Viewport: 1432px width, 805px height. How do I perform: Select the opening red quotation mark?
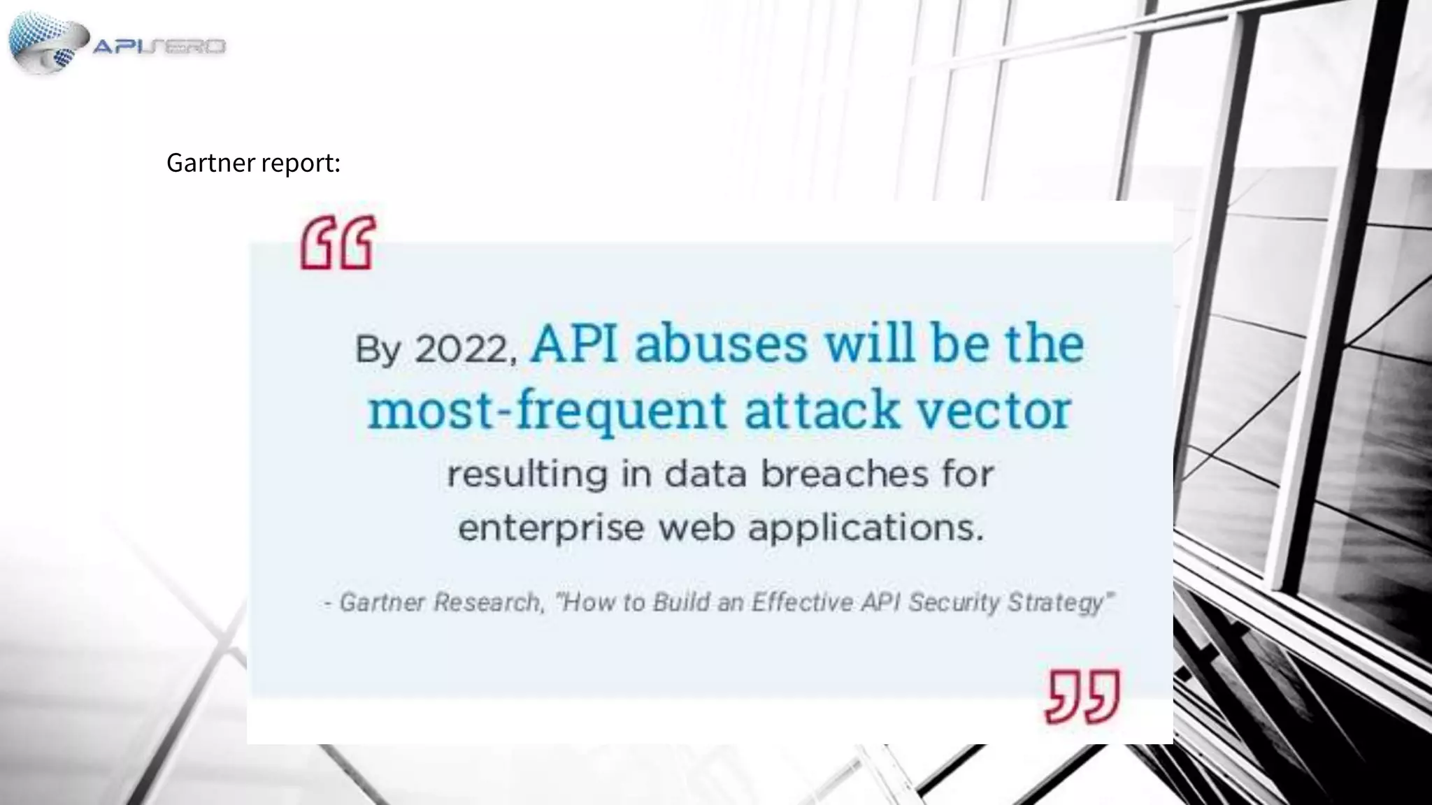338,243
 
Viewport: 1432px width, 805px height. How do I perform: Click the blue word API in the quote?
574,345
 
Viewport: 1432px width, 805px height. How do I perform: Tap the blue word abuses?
721,345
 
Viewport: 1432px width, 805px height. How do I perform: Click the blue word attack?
822,410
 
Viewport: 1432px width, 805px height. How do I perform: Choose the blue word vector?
994,410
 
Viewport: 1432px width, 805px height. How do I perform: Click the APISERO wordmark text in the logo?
159,47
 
